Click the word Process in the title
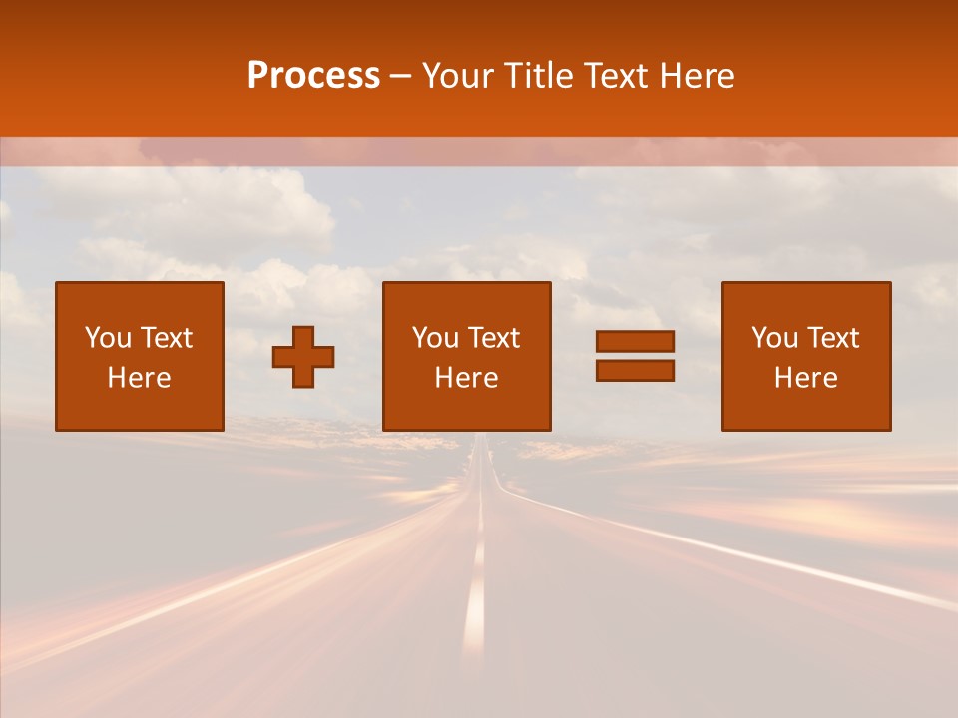click(313, 76)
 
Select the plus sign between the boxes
click(303, 356)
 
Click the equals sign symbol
click(635, 356)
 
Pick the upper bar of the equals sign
click(635, 341)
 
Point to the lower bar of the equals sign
click(635, 370)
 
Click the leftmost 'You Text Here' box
click(140, 356)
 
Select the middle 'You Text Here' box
click(466, 356)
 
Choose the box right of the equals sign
click(805, 356)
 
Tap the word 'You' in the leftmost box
click(108, 338)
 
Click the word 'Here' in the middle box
click(466, 378)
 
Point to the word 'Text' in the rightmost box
click(834, 338)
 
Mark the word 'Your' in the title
click(456, 76)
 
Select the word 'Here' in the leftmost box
click(140, 378)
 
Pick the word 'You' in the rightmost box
click(774, 338)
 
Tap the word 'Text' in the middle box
click(495, 338)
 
